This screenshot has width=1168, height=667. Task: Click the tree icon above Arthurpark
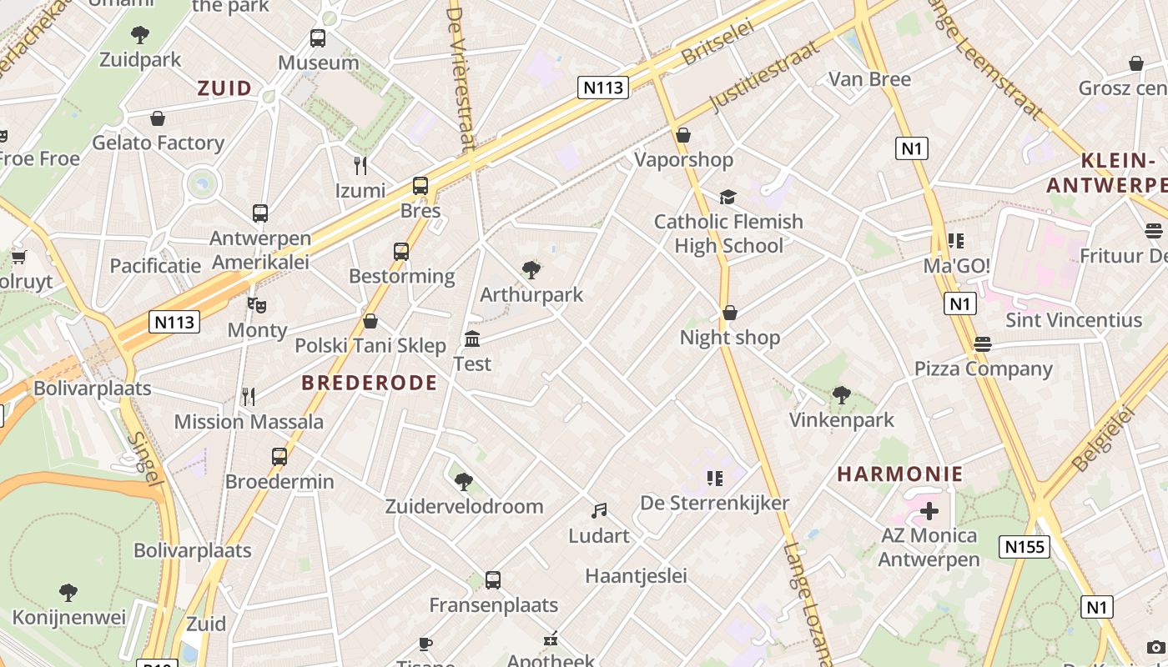click(x=531, y=269)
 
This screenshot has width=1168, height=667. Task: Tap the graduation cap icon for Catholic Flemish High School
click(x=728, y=197)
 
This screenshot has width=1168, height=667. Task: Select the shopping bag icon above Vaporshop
click(x=683, y=135)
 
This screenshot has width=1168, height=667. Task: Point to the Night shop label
click(x=730, y=338)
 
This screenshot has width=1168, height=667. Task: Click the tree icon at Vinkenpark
click(x=842, y=394)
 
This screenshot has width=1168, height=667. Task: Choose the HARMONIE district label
click(x=900, y=474)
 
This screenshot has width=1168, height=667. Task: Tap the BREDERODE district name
click(x=369, y=383)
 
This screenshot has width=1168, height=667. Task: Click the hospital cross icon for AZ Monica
click(x=929, y=510)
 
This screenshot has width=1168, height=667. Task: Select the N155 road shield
click(x=1024, y=547)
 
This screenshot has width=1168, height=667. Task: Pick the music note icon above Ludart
click(x=599, y=510)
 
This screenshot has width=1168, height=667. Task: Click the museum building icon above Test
click(x=472, y=339)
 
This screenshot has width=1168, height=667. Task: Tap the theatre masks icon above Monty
click(x=257, y=306)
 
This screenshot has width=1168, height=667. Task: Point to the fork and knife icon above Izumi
click(x=360, y=166)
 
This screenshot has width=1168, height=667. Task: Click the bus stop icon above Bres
click(x=420, y=186)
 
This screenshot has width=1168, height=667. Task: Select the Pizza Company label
click(x=984, y=369)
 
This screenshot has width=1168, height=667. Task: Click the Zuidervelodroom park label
click(x=464, y=506)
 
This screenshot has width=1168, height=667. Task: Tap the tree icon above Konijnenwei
click(x=68, y=593)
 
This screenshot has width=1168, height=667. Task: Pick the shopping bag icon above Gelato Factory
click(x=158, y=118)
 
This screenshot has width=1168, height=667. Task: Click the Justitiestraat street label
click(x=765, y=76)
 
